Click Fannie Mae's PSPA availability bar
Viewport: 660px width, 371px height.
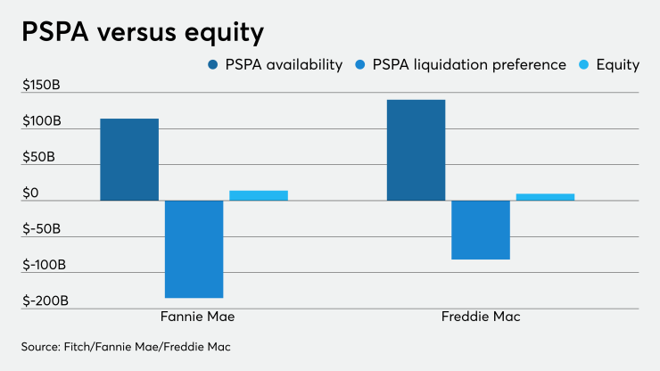tap(129, 160)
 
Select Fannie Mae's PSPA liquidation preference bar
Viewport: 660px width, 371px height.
tap(194, 249)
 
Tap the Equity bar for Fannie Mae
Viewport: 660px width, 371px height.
tap(259, 195)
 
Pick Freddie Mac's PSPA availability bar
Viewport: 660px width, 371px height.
tap(416, 150)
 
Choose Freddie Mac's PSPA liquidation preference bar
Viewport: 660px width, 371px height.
tap(481, 230)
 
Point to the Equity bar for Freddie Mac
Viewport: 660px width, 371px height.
tap(545, 197)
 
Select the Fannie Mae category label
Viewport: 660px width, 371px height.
tap(194, 317)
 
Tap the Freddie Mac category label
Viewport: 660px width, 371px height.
tap(480, 317)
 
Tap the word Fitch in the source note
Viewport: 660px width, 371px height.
tap(83, 345)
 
